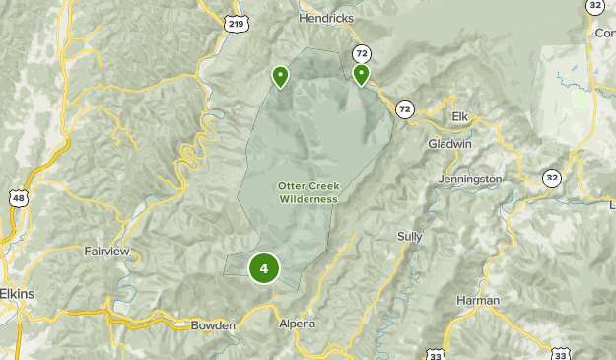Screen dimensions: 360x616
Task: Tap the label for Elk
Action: (459, 116)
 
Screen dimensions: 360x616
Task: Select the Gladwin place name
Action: (450, 143)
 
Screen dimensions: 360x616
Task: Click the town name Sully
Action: (409, 236)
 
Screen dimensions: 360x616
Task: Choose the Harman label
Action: (478, 300)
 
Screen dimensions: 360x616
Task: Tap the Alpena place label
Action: (297, 324)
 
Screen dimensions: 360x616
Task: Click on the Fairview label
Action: (107, 252)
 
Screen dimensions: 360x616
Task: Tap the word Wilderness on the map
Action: (308, 199)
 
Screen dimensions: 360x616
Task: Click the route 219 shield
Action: (235, 23)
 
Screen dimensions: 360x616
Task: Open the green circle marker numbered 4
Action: (264, 267)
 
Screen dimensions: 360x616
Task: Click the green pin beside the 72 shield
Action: (361, 74)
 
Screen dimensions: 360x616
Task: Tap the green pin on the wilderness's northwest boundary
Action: (281, 75)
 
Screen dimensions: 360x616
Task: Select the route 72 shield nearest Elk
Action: (405, 108)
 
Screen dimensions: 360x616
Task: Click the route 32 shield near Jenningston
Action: (551, 178)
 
